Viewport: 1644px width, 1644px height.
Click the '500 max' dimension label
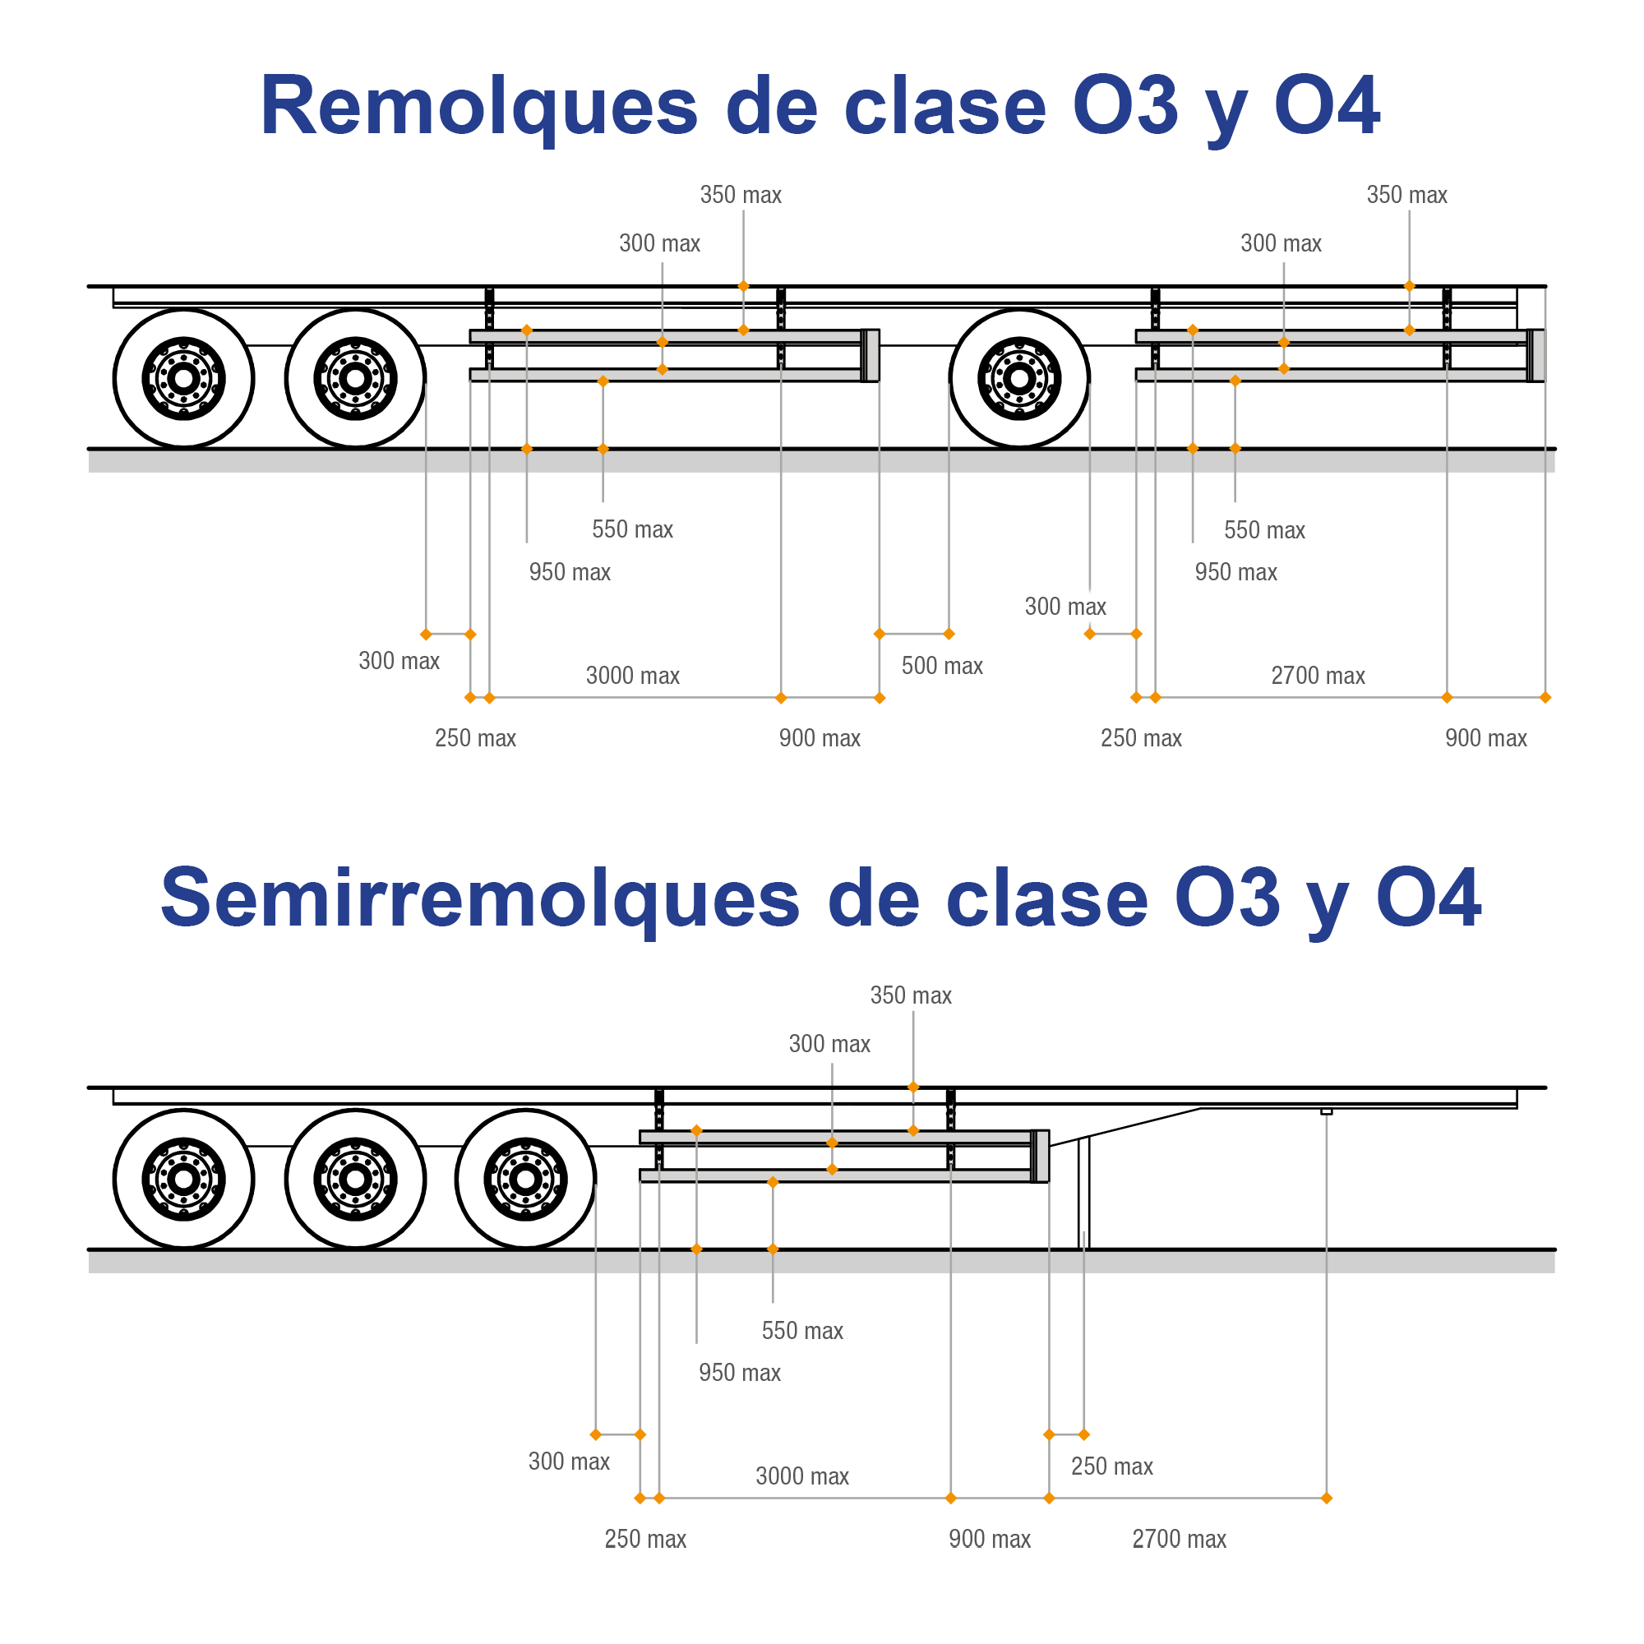point(942,666)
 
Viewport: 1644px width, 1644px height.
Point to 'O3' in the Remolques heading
point(1125,106)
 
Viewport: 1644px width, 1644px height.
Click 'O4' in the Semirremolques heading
point(1429,898)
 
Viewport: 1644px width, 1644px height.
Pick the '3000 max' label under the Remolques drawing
point(632,676)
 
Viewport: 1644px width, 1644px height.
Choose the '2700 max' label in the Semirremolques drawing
point(1179,1539)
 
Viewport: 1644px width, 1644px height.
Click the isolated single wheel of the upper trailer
point(1019,378)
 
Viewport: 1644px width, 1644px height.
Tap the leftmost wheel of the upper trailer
point(184,378)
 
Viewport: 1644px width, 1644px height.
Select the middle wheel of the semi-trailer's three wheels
point(355,1180)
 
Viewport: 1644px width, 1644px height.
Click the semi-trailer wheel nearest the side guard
point(526,1180)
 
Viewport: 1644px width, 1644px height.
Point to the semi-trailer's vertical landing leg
point(1084,1191)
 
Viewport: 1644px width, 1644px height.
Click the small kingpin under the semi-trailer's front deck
point(1326,1111)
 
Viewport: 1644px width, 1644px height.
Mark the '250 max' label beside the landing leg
point(1111,1466)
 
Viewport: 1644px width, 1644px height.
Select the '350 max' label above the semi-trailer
point(911,995)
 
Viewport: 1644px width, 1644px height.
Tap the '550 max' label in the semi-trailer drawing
point(801,1331)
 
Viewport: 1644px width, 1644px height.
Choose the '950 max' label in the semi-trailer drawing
point(740,1373)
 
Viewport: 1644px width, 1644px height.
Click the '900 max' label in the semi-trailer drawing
point(989,1539)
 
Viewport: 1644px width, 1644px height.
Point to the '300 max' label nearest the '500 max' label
point(1064,607)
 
